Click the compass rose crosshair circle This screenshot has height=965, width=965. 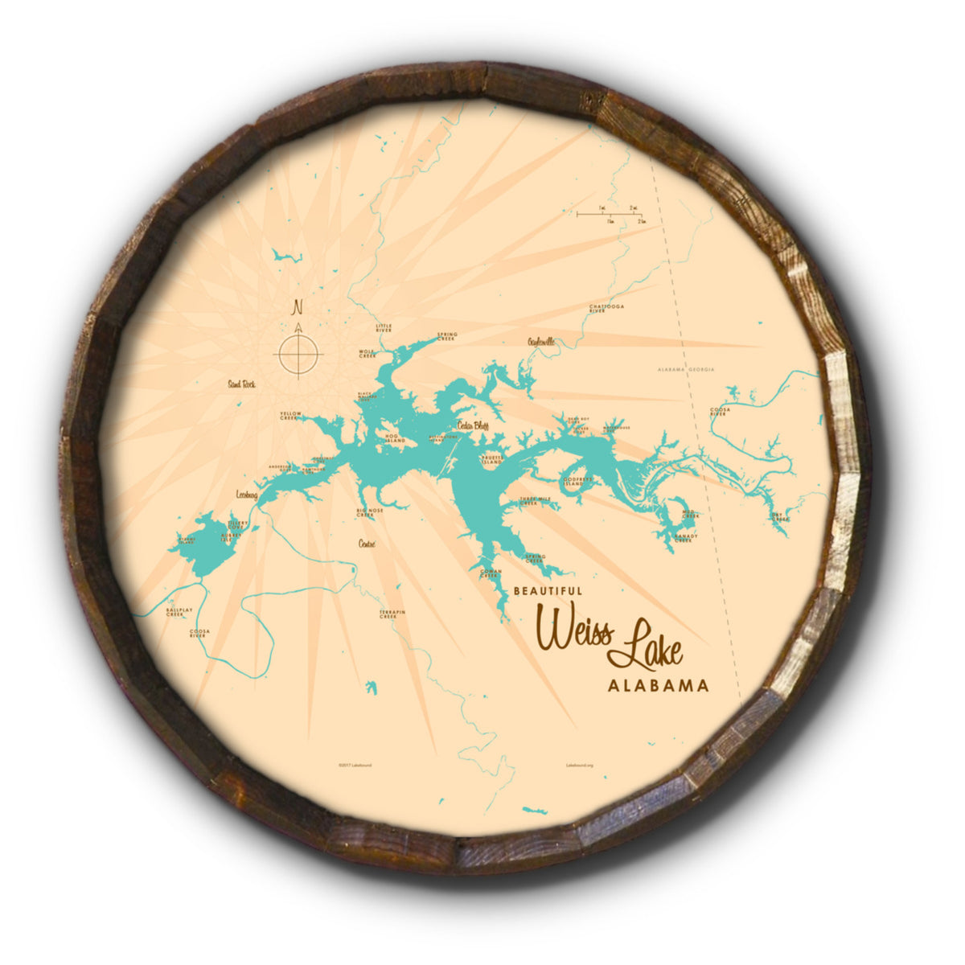pyautogui.click(x=298, y=355)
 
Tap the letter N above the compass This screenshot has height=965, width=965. pyautogui.click(x=298, y=306)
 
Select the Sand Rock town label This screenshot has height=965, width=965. pyautogui.click(x=241, y=384)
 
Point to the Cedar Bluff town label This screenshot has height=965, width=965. pyautogui.click(x=473, y=425)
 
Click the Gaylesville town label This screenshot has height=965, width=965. pyautogui.click(x=541, y=342)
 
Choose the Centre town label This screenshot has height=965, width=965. pyautogui.click(x=368, y=544)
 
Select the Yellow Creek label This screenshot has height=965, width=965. pyautogui.click(x=289, y=415)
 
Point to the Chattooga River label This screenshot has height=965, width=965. pyautogui.click(x=606, y=308)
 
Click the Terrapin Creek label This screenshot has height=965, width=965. pyautogui.click(x=392, y=614)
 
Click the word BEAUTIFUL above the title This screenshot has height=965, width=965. pyautogui.click(x=548, y=590)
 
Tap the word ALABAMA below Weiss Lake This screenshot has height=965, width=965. pyautogui.click(x=659, y=687)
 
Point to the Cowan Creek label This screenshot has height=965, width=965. pyautogui.click(x=491, y=573)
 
